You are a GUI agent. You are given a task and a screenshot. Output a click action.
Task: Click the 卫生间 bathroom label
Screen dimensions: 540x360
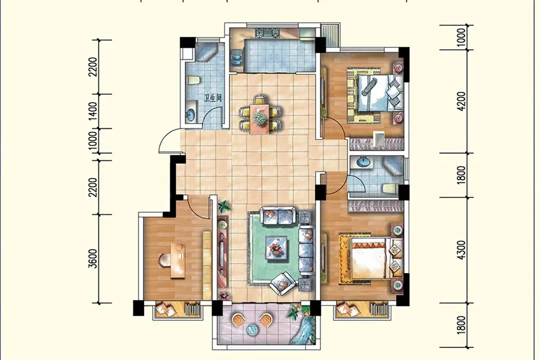click(212, 98)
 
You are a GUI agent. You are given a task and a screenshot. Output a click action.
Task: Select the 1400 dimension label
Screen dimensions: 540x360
click(93, 111)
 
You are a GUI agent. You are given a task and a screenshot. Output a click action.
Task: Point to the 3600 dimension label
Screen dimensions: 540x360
click(93, 259)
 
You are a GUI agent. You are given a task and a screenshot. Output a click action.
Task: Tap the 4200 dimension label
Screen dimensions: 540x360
click(461, 101)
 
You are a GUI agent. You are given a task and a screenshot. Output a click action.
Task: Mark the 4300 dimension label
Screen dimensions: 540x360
click(461, 250)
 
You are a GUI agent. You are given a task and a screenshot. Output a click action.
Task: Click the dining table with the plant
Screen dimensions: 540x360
click(259, 119)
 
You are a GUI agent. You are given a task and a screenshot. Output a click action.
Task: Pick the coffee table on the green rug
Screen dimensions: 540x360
click(277, 247)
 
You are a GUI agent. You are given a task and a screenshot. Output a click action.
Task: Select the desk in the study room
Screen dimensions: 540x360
click(178, 260)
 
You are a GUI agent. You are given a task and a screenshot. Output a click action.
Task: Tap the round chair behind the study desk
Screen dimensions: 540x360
click(164, 260)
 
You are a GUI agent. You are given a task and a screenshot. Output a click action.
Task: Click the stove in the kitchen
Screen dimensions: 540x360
click(267, 34)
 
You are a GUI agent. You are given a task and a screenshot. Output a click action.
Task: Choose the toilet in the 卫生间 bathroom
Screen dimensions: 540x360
click(193, 80)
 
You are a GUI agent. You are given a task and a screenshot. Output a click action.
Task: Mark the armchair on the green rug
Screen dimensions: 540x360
click(282, 283)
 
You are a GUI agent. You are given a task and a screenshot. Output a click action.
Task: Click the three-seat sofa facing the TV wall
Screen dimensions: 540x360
click(306, 250)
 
